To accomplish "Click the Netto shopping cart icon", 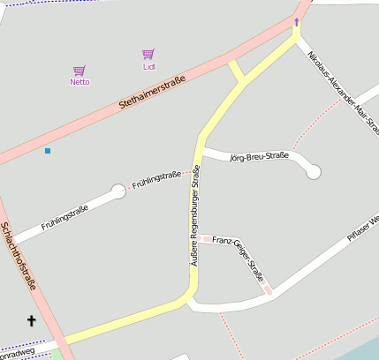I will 80,71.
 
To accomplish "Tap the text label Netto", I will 80,82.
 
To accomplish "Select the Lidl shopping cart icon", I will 148,55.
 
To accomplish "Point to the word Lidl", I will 148,66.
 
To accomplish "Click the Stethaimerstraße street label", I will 152,94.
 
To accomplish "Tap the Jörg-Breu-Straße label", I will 259,157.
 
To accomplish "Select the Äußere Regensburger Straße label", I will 196,217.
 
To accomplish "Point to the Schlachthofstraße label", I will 19,256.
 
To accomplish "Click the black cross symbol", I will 32,321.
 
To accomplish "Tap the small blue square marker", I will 48,151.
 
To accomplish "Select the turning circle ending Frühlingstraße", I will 118,191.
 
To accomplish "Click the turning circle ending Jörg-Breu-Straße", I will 314,172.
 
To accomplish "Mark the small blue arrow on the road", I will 297,22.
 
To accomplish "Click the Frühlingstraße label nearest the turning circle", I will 156,180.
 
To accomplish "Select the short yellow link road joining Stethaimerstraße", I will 236,71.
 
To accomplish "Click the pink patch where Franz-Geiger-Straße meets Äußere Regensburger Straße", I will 204,238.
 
